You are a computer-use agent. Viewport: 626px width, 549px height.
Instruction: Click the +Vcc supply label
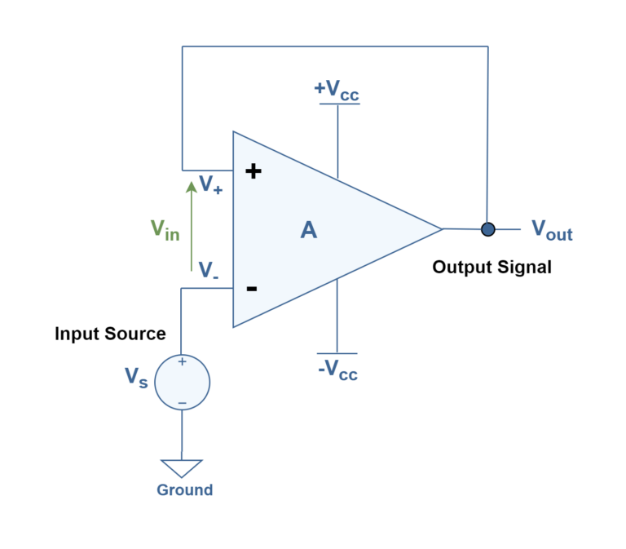click(336, 91)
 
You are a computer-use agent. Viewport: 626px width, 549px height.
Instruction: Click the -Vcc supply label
click(337, 370)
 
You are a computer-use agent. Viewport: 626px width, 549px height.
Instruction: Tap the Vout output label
click(552, 230)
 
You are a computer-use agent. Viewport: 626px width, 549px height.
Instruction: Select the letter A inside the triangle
click(308, 230)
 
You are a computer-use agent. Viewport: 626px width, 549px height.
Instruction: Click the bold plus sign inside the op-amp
click(253, 171)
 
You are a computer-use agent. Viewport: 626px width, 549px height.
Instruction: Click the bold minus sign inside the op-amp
click(252, 288)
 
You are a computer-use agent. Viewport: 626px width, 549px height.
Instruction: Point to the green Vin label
click(164, 230)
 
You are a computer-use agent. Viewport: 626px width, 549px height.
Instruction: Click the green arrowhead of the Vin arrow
click(192, 186)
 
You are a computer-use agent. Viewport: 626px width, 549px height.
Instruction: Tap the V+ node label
click(210, 185)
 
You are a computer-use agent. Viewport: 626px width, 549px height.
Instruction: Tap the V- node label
click(208, 270)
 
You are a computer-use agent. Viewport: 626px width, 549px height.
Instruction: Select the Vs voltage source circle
click(182, 382)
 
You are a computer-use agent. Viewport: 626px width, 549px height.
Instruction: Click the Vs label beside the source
click(135, 377)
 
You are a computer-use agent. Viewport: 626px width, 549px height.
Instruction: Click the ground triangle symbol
click(182, 467)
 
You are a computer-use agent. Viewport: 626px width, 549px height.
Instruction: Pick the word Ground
click(184, 490)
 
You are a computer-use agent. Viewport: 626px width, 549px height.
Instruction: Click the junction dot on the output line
click(487, 229)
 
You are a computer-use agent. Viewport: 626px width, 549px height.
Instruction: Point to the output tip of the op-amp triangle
click(440, 229)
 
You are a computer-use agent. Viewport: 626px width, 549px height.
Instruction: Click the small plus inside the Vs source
click(182, 361)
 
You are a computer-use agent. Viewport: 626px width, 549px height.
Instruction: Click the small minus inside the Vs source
click(182, 403)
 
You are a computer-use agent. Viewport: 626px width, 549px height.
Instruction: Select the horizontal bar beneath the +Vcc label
click(338, 104)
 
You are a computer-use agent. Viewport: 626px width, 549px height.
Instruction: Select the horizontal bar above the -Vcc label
click(337, 353)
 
